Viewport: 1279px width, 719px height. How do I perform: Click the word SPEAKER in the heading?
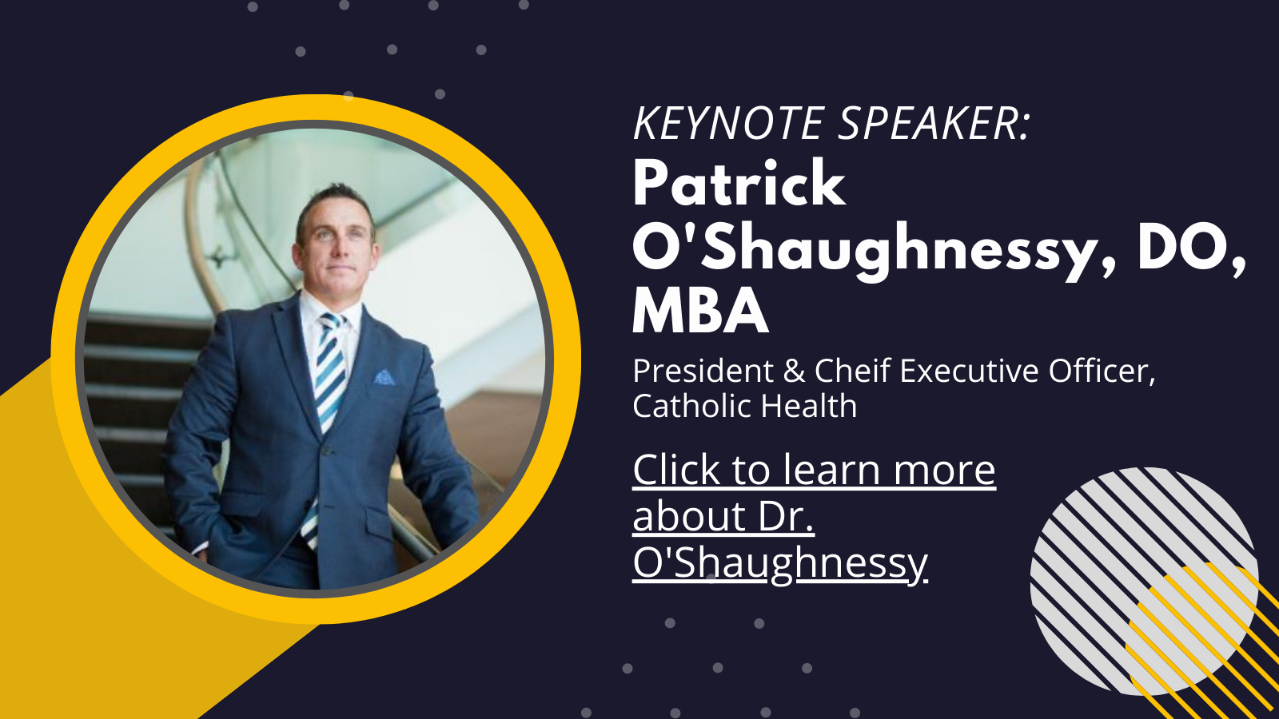(929, 123)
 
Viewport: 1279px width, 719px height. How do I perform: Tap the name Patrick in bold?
(739, 183)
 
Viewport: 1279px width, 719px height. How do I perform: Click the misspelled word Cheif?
(852, 371)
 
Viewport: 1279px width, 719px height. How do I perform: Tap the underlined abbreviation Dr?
(787, 516)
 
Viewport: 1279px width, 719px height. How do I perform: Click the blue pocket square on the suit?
(384, 377)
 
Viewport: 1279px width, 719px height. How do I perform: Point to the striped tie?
(327, 411)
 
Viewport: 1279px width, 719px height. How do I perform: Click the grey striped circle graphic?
(1144, 582)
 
